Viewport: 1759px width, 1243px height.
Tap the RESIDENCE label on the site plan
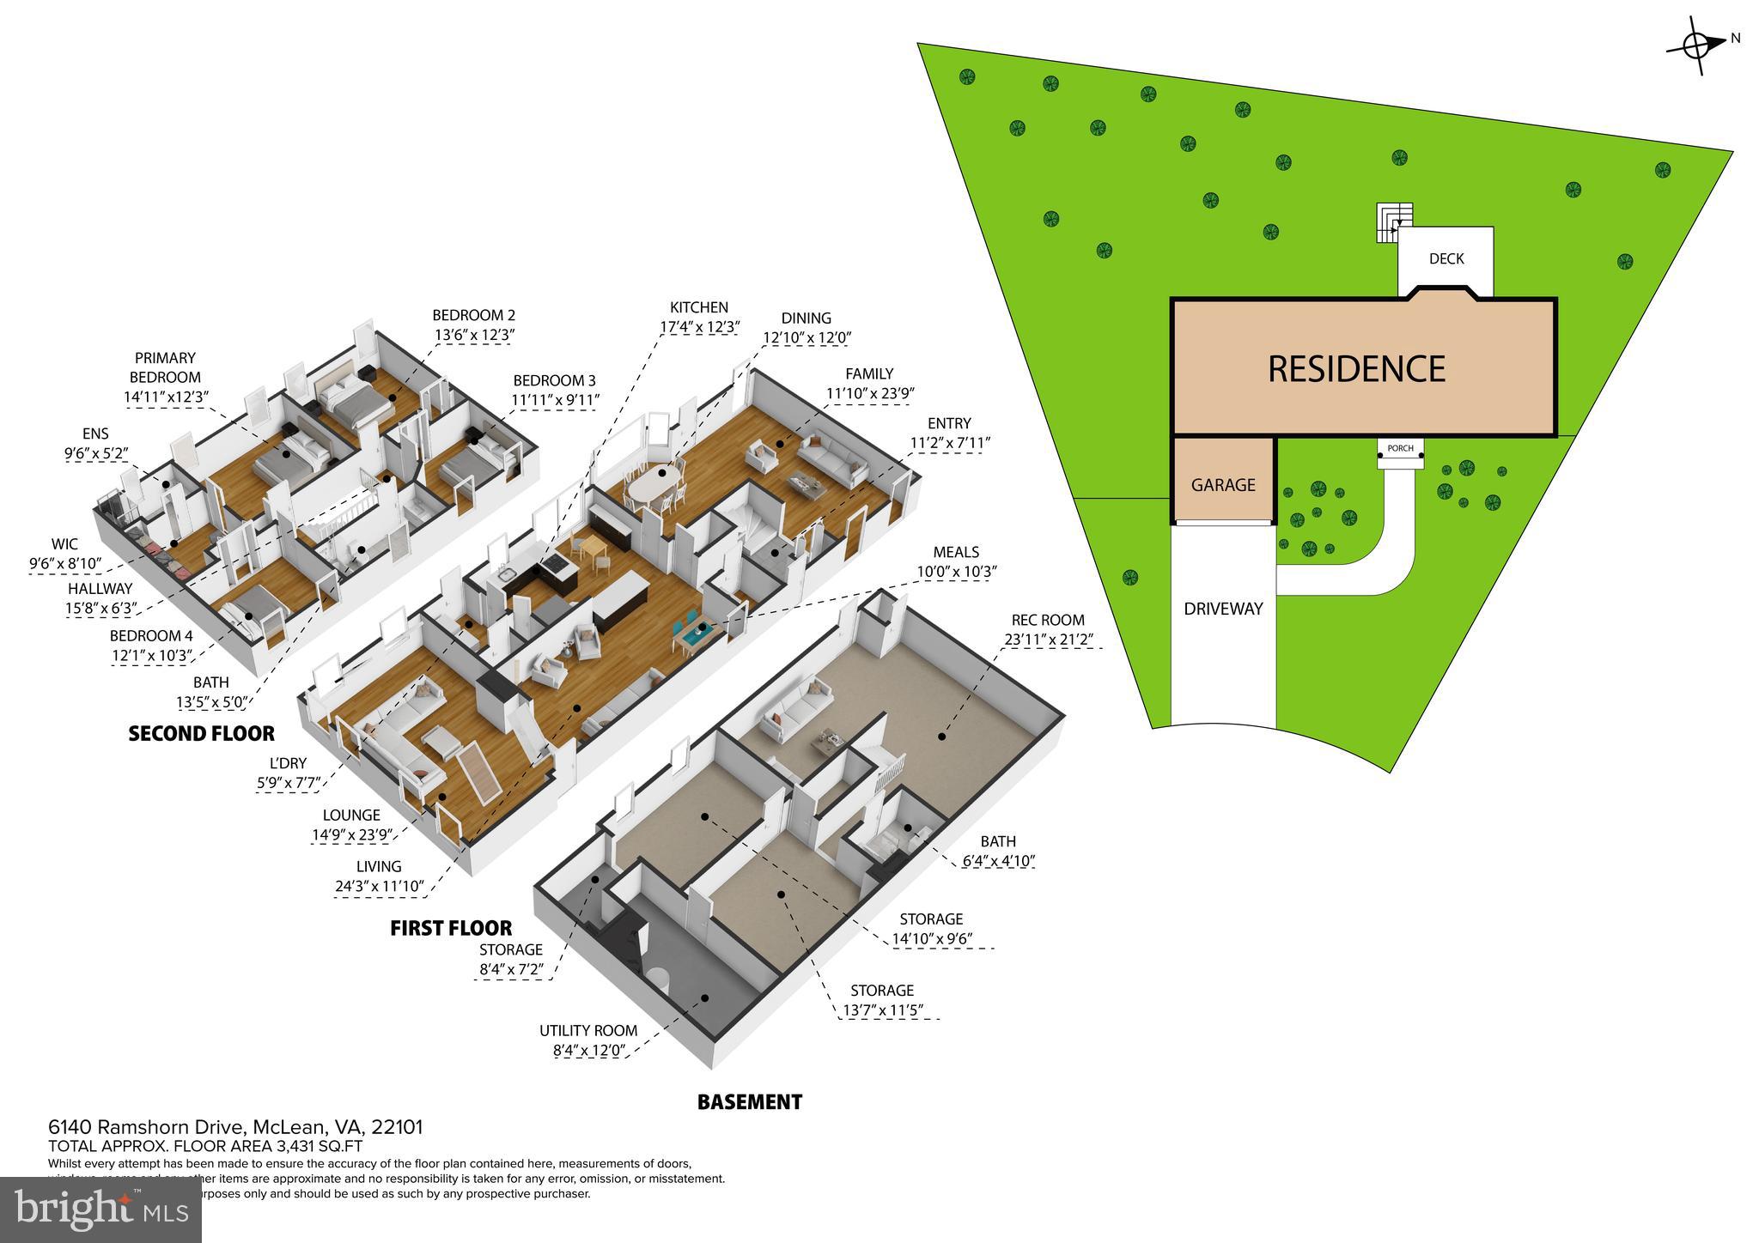(1356, 368)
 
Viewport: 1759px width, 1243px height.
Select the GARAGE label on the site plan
(1223, 485)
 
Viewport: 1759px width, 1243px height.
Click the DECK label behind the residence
(1446, 258)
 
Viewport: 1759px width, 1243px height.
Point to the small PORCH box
(1400, 452)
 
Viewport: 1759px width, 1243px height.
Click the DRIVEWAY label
(1223, 609)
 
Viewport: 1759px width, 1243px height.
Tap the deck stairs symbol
(1393, 222)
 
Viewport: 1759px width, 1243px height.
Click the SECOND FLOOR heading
(201, 733)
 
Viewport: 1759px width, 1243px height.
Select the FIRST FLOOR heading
(451, 928)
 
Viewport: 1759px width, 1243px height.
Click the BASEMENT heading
(749, 1102)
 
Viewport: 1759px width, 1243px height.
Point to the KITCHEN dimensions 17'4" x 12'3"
(699, 327)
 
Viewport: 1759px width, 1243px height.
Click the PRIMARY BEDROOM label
(165, 367)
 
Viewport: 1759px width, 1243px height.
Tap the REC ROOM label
(1047, 620)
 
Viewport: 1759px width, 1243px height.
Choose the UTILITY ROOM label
(588, 1031)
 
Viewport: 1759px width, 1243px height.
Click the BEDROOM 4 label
(150, 636)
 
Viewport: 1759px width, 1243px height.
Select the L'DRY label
(287, 763)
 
